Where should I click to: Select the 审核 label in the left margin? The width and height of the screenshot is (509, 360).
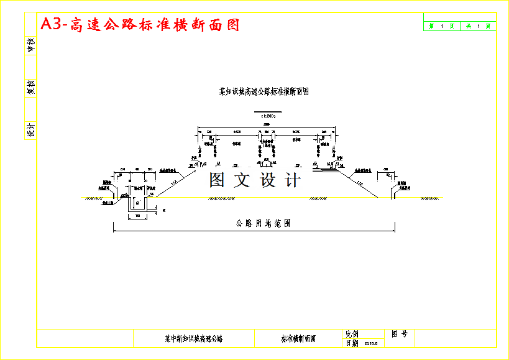pos(30,44)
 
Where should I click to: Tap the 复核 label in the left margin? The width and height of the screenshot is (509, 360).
pos(30,87)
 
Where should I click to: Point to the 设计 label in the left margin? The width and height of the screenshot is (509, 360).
pos(30,130)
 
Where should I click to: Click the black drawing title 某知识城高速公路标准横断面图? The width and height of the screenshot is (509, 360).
pos(265,91)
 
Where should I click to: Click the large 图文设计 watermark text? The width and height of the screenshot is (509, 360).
pos(255,180)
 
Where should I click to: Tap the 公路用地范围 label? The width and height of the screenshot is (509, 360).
pos(263,223)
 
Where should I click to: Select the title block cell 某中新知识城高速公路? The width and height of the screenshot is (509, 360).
pos(194,339)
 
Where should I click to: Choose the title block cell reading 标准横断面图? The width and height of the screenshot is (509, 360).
pos(298,339)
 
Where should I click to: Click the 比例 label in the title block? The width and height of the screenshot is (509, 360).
pos(352,334)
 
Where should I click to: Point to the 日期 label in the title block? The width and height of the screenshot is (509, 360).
pos(352,343)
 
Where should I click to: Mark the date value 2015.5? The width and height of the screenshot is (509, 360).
pos(371,343)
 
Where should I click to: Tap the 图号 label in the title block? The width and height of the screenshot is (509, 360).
pos(399,334)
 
